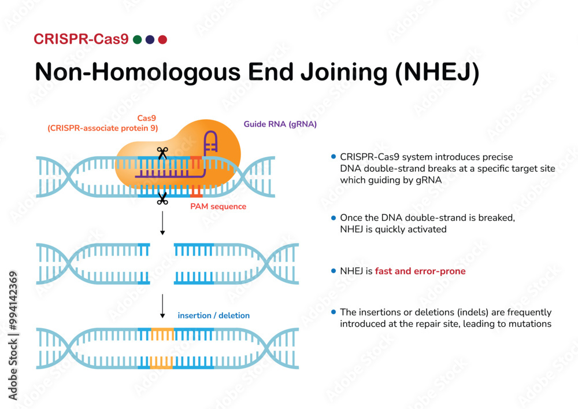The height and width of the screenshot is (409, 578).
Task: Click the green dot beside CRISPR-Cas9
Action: (137, 39)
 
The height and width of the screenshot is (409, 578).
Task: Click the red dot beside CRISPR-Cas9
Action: (162, 39)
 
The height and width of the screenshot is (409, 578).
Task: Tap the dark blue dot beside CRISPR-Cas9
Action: (150, 39)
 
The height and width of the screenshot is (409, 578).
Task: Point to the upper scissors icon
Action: (162, 153)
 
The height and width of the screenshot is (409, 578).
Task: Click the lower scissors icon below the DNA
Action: (162, 200)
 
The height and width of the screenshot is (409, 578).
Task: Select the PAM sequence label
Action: (218, 207)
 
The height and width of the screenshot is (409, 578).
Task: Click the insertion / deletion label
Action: (214, 315)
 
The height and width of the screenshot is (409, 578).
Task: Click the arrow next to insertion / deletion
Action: (162, 307)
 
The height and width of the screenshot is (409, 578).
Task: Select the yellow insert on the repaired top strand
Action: (162, 334)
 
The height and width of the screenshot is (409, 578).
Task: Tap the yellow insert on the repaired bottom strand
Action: (162, 363)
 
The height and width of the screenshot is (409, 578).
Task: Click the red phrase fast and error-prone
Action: (420, 271)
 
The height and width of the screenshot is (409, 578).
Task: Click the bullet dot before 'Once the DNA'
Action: (334, 218)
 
